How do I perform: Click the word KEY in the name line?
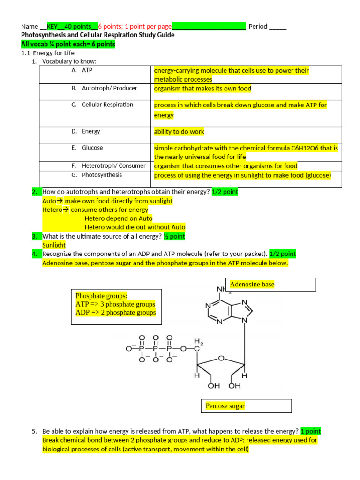click(52, 26)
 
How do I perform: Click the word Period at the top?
click(258, 26)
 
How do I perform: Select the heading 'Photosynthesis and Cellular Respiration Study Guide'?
click(98, 35)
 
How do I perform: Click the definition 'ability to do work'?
click(179, 132)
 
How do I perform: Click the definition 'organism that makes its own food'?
click(202, 89)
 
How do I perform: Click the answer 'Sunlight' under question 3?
click(54, 245)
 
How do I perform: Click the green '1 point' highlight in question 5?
click(311, 431)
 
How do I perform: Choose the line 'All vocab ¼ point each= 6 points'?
click(68, 44)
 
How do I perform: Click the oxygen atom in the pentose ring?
click(221, 359)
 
